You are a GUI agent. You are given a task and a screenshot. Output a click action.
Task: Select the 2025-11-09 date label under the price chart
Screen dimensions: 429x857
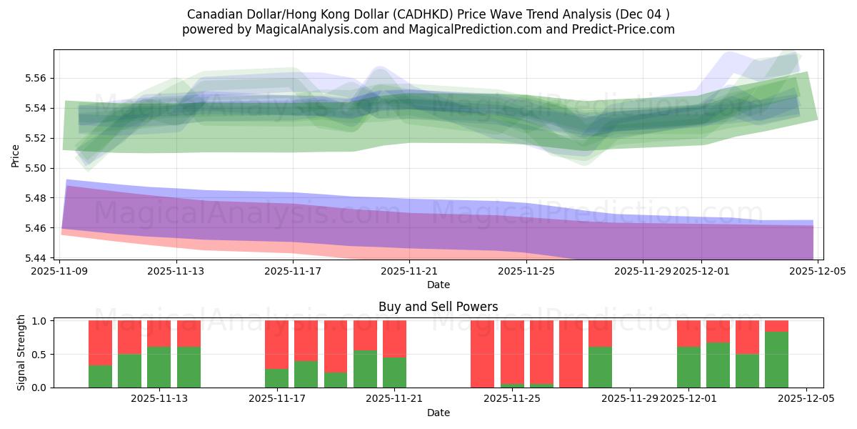click(60, 272)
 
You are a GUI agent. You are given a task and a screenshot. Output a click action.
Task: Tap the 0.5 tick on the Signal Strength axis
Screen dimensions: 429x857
click(40, 355)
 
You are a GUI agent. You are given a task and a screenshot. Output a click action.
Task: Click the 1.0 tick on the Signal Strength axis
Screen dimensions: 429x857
click(40, 321)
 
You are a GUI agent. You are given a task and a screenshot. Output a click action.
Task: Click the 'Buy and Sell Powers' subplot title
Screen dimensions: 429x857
click(438, 307)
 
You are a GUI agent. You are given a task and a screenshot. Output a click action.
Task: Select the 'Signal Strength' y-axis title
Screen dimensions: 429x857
click(21, 352)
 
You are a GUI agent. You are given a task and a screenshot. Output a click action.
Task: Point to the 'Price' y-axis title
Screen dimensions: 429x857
click(16, 155)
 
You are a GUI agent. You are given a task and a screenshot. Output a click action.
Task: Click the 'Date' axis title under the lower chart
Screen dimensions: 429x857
click(438, 413)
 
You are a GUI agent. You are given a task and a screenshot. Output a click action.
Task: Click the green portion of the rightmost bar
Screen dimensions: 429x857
click(776, 360)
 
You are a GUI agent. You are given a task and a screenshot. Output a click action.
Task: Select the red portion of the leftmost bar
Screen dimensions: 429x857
click(100, 342)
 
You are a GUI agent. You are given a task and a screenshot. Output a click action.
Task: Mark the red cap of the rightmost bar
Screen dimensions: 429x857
click(776, 326)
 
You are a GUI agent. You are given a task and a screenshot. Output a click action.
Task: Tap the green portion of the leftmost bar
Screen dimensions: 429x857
click(100, 376)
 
